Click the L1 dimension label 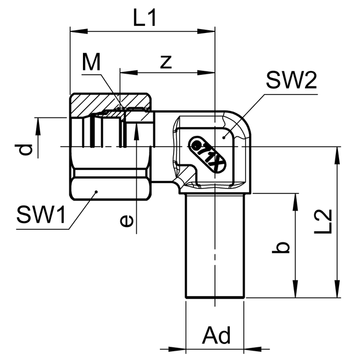(x=145, y=18)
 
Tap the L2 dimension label (x=323, y=221)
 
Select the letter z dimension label (x=166, y=62)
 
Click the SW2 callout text (x=291, y=80)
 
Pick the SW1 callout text (x=41, y=215)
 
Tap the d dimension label (x=24, y=149)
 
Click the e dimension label (x=126, y=221)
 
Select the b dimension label (x=281, y=247)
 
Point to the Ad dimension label (x=217, y=335)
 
